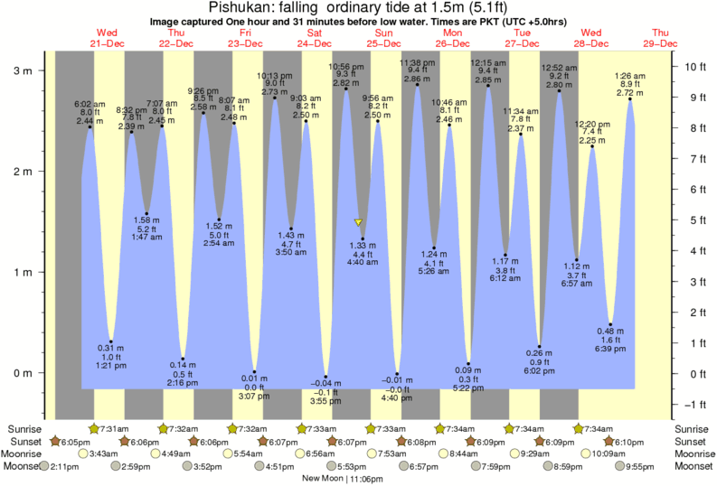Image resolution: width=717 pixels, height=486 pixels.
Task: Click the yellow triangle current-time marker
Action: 359,221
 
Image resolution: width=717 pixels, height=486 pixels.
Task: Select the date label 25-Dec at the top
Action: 384,42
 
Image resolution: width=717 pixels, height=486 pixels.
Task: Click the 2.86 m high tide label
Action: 416,79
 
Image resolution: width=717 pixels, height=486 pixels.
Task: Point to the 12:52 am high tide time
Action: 559,67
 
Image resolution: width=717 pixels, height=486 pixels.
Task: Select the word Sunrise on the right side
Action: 693,428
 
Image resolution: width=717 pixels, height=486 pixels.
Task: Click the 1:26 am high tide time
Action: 629,75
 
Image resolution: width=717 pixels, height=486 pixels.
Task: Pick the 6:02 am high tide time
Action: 90,103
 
